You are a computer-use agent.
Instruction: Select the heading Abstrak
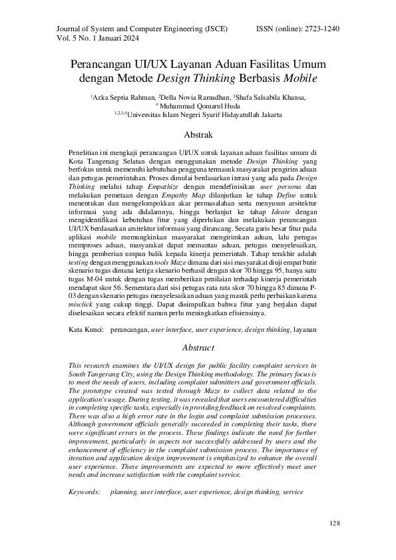tap(198, 134)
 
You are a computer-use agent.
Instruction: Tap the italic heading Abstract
tap(198, 347)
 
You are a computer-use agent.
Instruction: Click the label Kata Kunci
tap(87, 329)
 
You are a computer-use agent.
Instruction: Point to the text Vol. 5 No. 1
tap(70, 39)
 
